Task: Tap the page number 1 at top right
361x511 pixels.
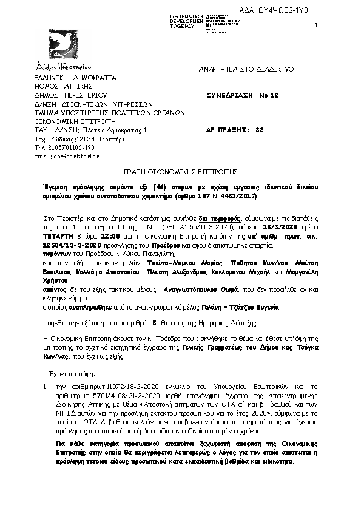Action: tap(317, 25)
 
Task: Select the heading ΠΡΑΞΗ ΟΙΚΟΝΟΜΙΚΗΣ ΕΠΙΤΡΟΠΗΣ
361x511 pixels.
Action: tap(180, 172)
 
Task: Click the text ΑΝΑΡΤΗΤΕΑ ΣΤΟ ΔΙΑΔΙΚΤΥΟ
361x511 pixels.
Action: tap(246, 69)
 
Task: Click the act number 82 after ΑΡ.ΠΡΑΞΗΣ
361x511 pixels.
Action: tap(260, 130)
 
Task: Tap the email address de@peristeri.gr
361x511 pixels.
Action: tap(68, 156)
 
